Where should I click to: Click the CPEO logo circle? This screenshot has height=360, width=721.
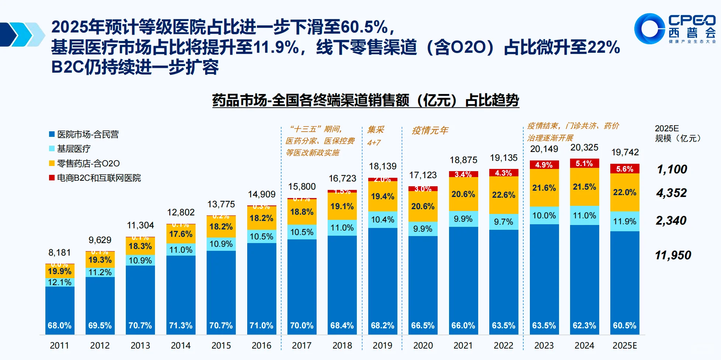coord(650,29)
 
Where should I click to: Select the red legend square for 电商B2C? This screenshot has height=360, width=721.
coord(52,178)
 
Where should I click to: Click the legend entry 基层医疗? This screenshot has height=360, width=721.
coord(73,149)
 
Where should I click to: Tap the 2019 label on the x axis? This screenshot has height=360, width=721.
coord(382,346)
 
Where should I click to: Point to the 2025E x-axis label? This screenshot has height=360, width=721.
coord(624,346)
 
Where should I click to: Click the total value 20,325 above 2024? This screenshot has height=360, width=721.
coord(584,148)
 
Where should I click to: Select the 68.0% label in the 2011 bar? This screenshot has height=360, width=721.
coord(59,325)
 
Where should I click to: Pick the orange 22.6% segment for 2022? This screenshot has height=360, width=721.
coord(504,195)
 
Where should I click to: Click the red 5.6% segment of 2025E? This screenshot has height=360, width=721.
coord(624,169)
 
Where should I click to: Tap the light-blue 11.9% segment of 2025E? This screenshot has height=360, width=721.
coord(624,221)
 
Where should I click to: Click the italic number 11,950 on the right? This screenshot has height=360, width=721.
coord(673,255)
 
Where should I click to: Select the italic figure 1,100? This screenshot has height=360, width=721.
coord(672,169)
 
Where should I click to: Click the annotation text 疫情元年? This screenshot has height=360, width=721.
coord(430,131)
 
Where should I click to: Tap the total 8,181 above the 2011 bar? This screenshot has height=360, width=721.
coord(59,253)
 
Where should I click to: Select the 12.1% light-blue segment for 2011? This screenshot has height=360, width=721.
coord(59,282)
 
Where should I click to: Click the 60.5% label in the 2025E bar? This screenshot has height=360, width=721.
coord(624,325)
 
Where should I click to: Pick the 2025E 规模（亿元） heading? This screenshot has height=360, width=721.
coord(677,134)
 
